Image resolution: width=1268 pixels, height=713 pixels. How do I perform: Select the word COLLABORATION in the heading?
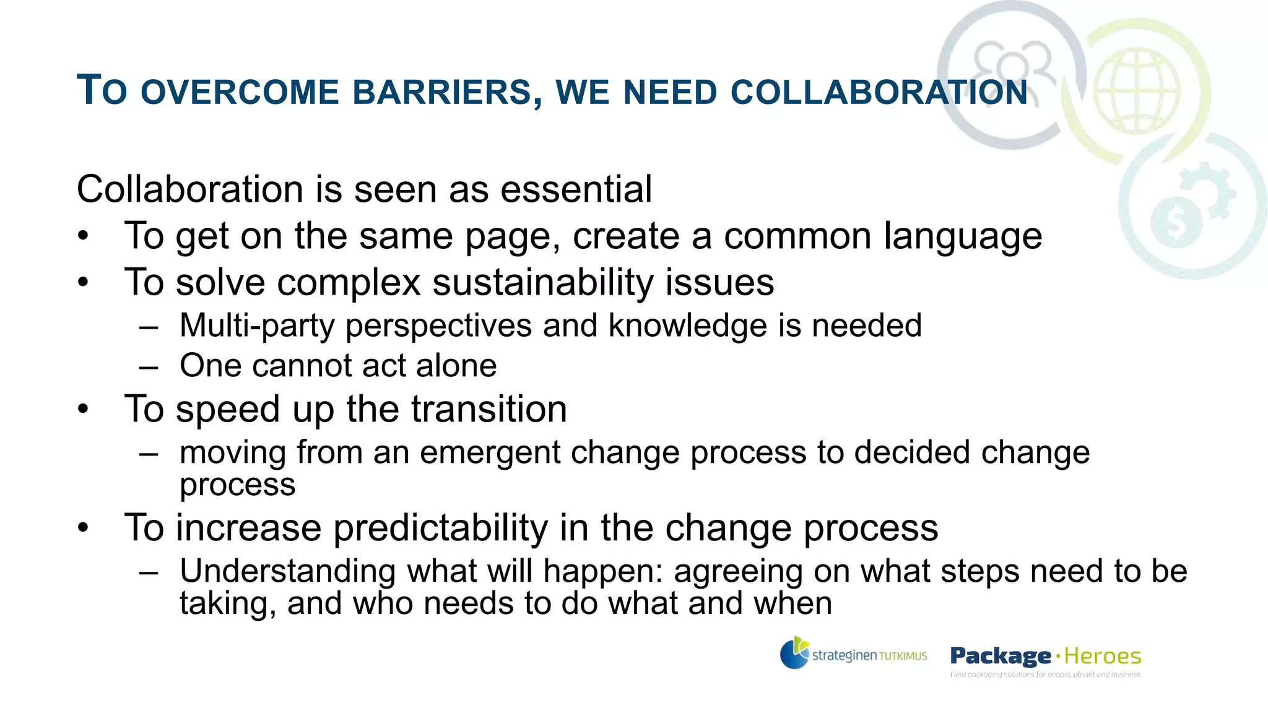(879, 93)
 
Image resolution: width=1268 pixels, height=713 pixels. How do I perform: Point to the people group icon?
(1012, 66)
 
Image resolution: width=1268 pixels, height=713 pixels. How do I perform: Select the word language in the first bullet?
(963, 236)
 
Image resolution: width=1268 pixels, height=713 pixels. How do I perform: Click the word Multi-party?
(257, 326)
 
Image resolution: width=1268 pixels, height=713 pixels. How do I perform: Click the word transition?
(489, 409)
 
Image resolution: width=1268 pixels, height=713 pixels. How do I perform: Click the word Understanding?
(287, 571)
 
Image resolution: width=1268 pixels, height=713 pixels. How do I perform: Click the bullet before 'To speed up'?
(84, 409)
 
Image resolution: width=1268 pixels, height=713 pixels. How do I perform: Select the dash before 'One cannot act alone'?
(149, 366)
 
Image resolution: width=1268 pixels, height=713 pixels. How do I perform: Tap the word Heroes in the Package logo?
(1103, 655)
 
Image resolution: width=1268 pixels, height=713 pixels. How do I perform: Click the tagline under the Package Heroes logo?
(1045, 674)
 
